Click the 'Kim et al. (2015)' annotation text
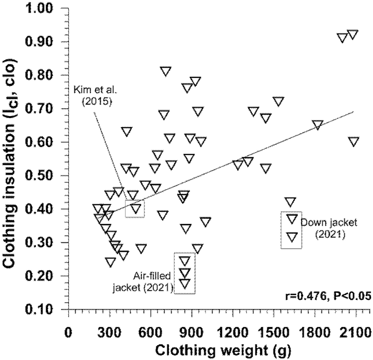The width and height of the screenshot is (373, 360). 91,94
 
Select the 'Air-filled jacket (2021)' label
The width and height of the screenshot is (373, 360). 143,281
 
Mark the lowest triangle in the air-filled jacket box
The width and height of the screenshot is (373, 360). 185,284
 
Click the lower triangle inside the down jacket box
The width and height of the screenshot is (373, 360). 292,236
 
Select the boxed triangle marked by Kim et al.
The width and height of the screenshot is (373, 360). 136,208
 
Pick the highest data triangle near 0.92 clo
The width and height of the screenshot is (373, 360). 352,35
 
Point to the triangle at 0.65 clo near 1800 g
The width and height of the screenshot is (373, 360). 318,125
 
